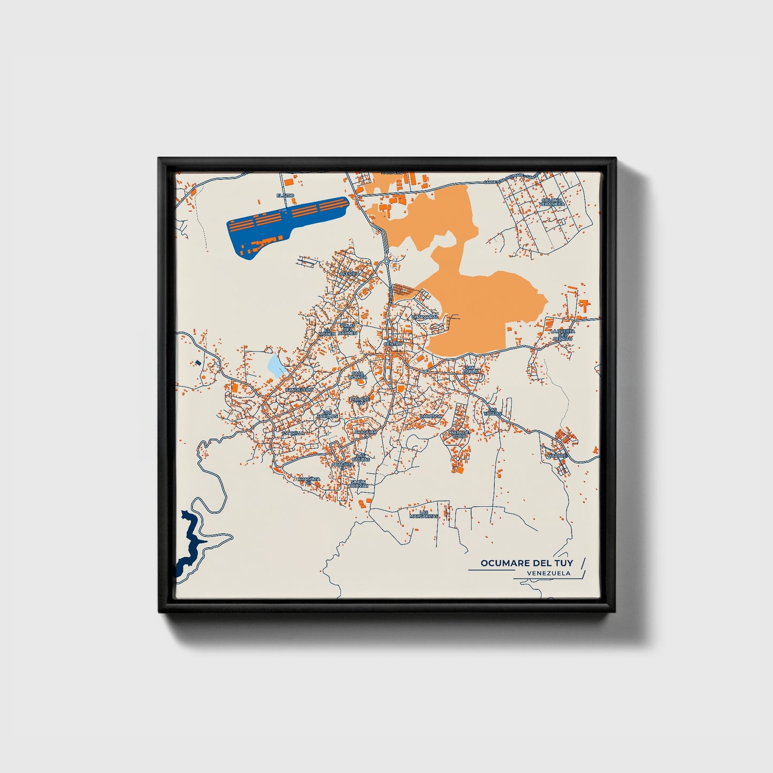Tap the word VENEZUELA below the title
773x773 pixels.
(x=548, y=573)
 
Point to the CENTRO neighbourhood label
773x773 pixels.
(x=393, y=343)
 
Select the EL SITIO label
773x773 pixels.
(x=285, y=196)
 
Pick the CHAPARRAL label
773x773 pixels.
(x=425, y=317)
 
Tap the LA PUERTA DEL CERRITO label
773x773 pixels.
(x=563, y=335)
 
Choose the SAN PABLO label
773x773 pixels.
(x=470, y=370)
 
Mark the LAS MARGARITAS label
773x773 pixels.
(x=424, y=514)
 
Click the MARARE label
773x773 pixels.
(x=556, y=456)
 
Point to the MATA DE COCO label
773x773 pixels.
(x=459, y=434)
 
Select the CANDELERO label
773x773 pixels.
(x=299, y=390)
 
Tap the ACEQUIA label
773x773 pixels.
(x=350, y=273)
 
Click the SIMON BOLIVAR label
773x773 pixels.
(x=358, y=484)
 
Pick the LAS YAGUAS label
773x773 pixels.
(x=493, y=412)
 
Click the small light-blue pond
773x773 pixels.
(x=276, y=366)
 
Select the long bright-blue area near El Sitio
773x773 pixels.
(x=284, y=222)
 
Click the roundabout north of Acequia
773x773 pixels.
(x=386, y=261)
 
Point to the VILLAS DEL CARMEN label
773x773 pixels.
(x=347, y=329)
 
